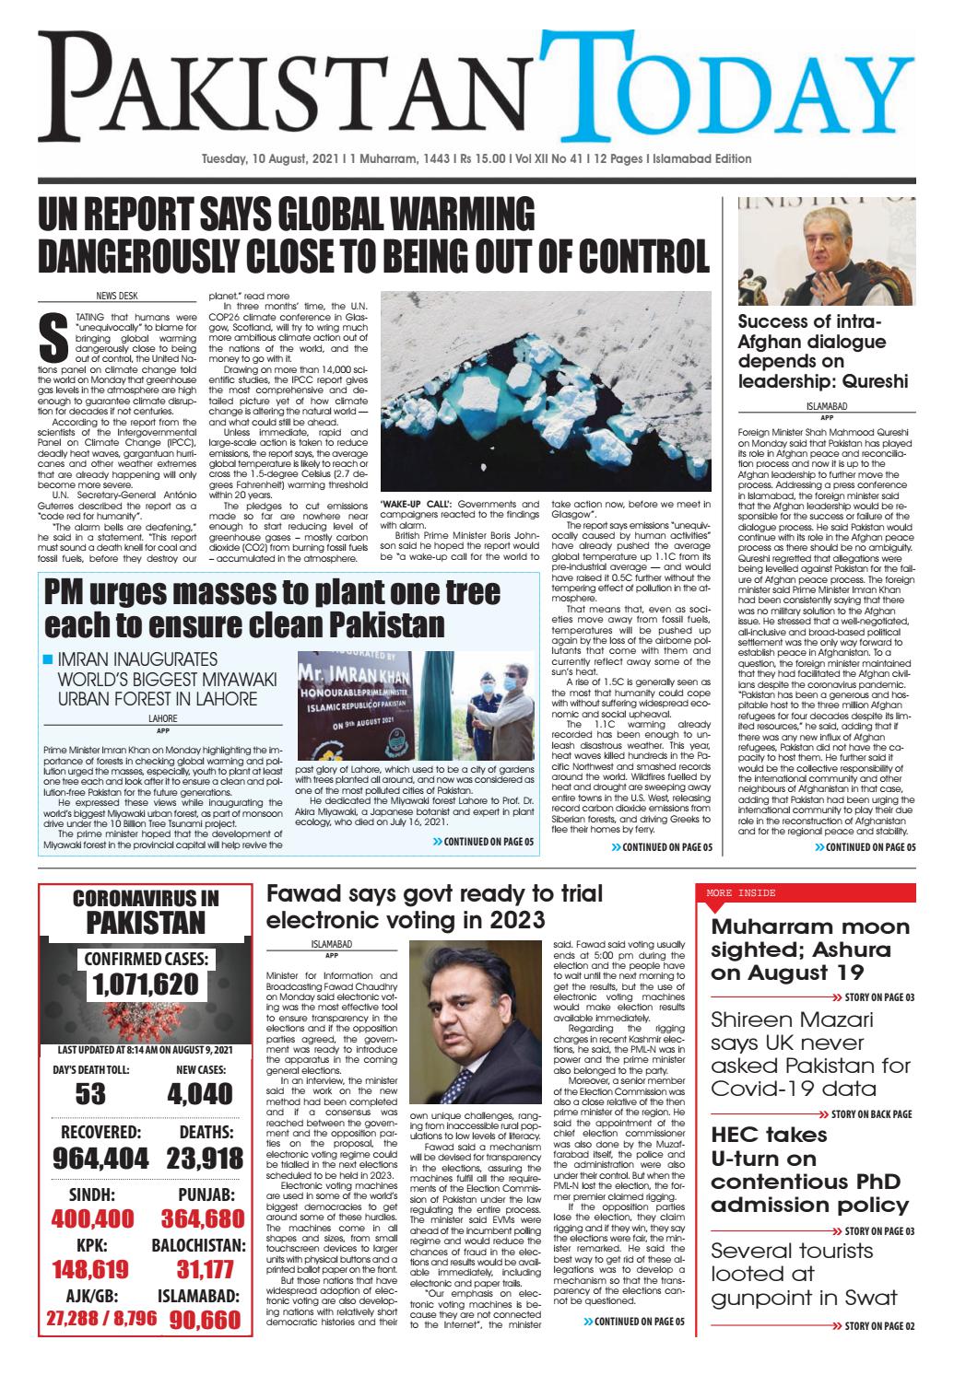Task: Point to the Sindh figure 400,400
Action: click(x=93, y=1218)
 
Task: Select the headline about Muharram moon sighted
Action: click(x=809, y=950)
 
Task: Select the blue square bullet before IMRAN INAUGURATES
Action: click(x=49, y=660)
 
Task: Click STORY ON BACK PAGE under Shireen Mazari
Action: click(x=870, y=1113)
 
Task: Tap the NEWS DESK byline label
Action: click(x=117, y=297)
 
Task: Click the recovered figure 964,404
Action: click(x=93, y=1157)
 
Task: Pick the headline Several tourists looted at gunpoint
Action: click(x=803, y=1274)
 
